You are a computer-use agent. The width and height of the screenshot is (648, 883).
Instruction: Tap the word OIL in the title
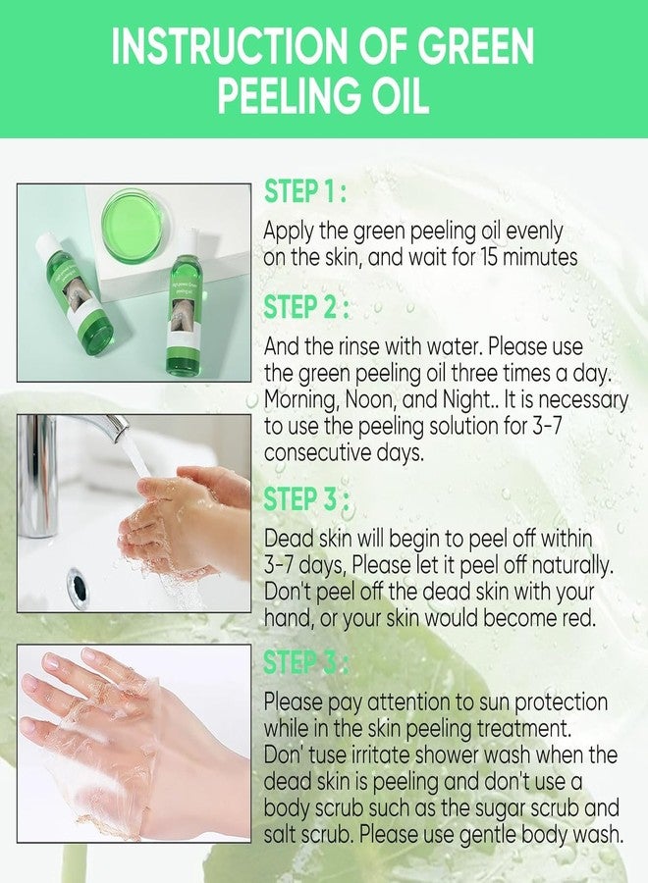(x=396, y=99)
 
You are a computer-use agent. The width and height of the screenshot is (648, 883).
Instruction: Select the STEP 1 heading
(x=302, y=193)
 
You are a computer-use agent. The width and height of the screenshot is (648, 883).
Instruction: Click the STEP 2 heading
(x=302, y=307)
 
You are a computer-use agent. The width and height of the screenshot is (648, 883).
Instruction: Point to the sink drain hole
(x=78, y=586)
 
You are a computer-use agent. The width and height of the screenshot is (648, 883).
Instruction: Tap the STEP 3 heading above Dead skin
(x=302, y=499)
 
